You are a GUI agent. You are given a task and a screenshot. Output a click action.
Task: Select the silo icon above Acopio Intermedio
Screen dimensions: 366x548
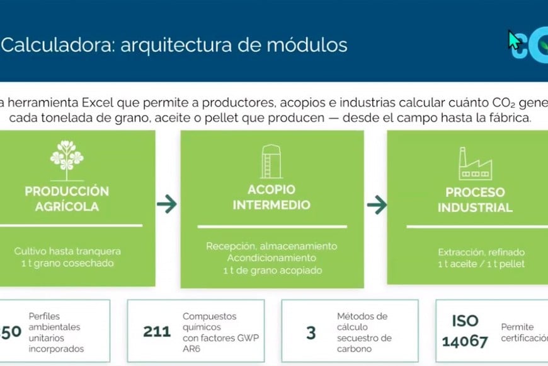point(271,162)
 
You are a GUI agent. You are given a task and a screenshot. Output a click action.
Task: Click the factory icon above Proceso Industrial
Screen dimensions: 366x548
point(474,163)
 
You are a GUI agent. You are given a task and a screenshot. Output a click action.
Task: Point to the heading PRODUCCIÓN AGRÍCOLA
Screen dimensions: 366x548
point(67,199)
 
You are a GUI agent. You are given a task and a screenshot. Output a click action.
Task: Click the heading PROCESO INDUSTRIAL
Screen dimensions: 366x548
point(475,199)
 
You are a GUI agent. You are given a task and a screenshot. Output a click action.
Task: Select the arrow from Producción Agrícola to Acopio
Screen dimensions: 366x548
point(167,204)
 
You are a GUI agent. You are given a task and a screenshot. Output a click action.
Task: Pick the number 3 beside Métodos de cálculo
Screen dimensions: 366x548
point(311,333)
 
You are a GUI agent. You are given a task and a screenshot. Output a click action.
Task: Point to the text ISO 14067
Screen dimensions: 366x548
point(465,331)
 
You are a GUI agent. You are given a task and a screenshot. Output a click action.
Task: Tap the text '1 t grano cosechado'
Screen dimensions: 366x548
point(67,263)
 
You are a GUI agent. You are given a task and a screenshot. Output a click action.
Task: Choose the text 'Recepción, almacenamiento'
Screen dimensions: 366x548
point(271,246)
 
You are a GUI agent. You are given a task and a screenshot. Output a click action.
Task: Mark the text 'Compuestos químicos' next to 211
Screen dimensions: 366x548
point(209,321)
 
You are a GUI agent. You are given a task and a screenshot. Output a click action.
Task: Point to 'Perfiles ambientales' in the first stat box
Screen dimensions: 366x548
point(55,321)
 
